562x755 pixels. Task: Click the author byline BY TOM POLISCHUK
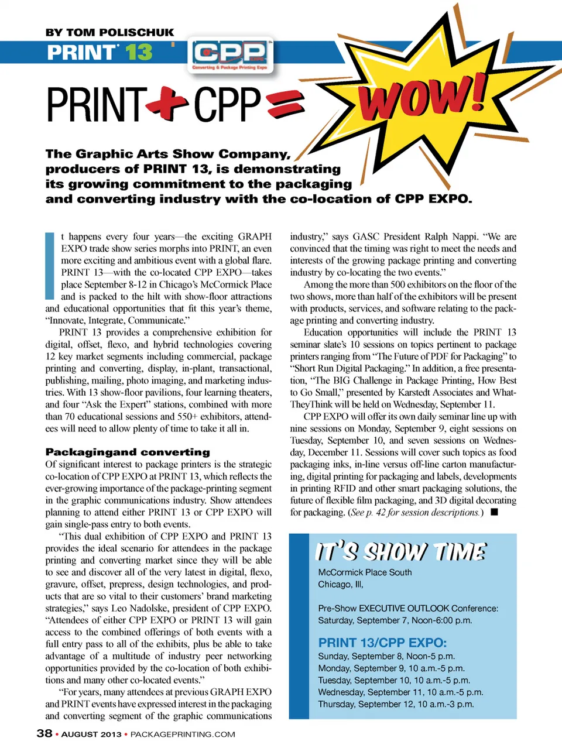(x=109, y=33)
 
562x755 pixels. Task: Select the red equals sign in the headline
(x=286, y=104)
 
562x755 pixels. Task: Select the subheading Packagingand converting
(x=128, y=452)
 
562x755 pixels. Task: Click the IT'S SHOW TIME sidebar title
(x=400, y=552)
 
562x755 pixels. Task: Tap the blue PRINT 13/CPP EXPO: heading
(x=382, y=642)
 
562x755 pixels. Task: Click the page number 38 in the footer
(x=44, y=733)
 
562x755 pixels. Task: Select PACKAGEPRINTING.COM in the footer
(x=183, y=734)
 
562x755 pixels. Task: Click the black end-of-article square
(x=494, y=512)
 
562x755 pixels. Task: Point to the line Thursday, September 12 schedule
(x=396, y=704)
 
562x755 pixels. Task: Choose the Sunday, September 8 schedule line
(x=386, y=656)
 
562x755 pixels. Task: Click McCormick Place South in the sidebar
(x=365, y=572)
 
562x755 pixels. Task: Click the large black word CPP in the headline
(x=227, y=105)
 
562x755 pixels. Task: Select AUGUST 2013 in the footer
(x=91, y=734)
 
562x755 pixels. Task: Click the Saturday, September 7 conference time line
(x=395, y=620)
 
